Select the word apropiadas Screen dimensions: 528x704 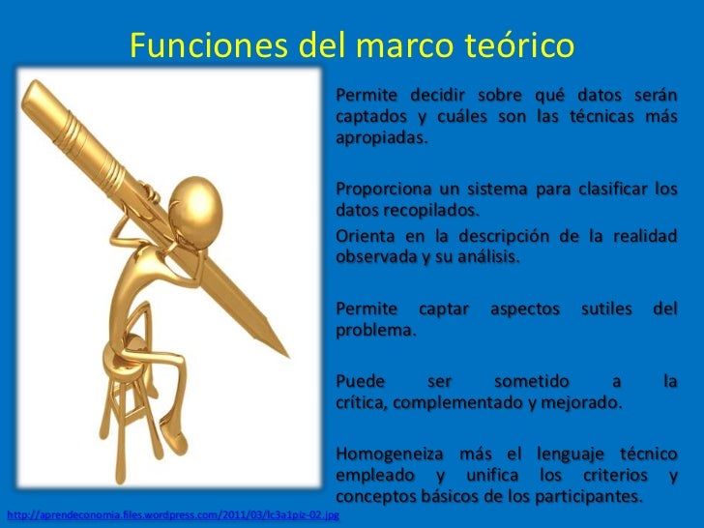click(379, 137)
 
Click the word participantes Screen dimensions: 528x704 click(584, 497)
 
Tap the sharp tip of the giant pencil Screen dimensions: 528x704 click(287, 352)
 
